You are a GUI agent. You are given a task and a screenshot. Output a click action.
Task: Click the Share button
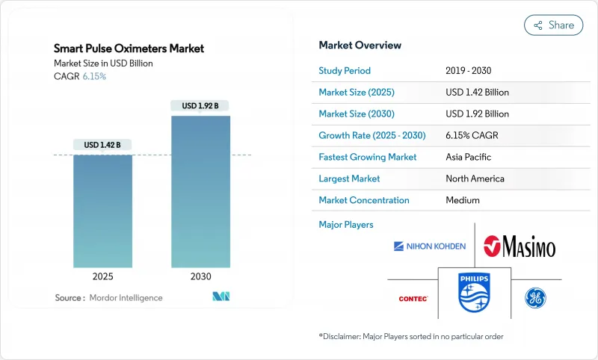click(553, 25)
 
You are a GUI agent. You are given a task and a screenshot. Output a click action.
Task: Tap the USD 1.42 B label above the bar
click(102, 145)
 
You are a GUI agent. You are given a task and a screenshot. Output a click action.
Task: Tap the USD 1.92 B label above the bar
click(200, 106)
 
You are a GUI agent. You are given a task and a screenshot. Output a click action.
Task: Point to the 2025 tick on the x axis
click(102, 276)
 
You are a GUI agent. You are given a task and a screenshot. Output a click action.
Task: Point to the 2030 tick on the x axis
click(200, 276)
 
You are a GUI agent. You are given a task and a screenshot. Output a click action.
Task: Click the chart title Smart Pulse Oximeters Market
click(129, 49)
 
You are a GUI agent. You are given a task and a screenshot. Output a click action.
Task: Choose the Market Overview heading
click(360, 46)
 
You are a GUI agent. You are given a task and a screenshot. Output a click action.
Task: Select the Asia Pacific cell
click(468, 158)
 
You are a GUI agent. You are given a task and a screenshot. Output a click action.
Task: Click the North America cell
click(475, 179)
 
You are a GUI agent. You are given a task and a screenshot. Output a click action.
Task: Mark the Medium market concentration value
click(463, 200)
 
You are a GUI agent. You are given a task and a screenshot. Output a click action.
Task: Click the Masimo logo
click(520, 246)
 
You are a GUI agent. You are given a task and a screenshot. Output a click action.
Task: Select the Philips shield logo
click(474, 293)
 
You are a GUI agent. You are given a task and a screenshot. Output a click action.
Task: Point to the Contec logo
click(413, 299)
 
